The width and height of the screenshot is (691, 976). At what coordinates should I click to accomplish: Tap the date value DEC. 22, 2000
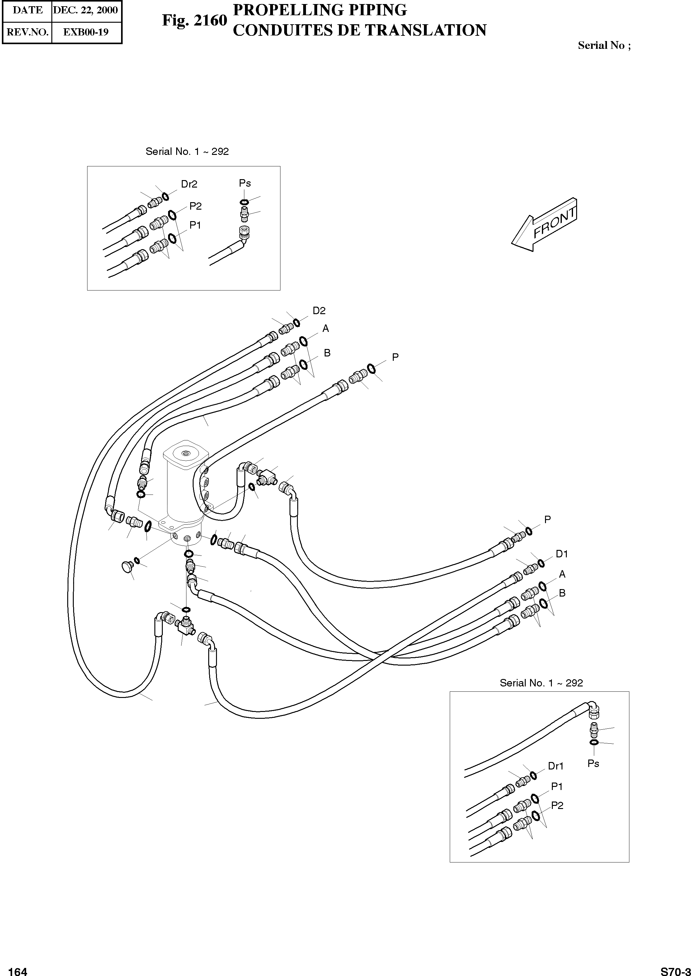[x=86, y=10]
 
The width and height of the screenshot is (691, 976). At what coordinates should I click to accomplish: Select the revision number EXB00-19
[x=86, y=32]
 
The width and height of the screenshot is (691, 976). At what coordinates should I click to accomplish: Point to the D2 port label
[x=319, y=311]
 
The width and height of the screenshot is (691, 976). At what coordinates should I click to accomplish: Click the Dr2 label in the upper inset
[x=189, y=184]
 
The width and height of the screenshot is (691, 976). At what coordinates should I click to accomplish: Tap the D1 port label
[x=562, y=554]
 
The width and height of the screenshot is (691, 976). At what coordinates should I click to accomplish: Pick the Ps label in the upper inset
[x=245, y=183]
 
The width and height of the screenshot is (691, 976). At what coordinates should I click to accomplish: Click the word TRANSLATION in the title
[x=425, y=30]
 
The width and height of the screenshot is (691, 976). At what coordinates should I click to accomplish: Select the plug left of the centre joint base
[x=126, y=566]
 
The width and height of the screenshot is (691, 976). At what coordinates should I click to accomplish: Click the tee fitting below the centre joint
[x=185, y=625]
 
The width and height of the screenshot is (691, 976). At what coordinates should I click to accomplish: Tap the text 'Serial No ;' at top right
[x=604, y=45]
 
